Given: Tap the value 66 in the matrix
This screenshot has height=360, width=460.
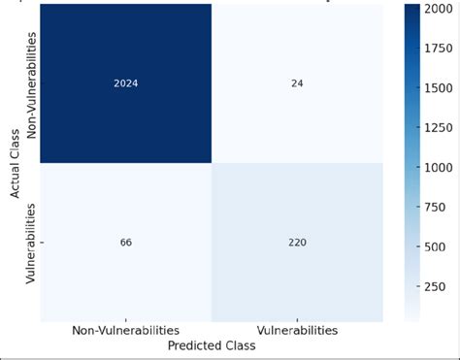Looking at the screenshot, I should (x=125, y=242).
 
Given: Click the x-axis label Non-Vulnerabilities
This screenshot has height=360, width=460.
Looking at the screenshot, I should (x=125, y=331).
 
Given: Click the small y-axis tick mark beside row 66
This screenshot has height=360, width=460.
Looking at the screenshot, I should (x=40, y=242).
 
